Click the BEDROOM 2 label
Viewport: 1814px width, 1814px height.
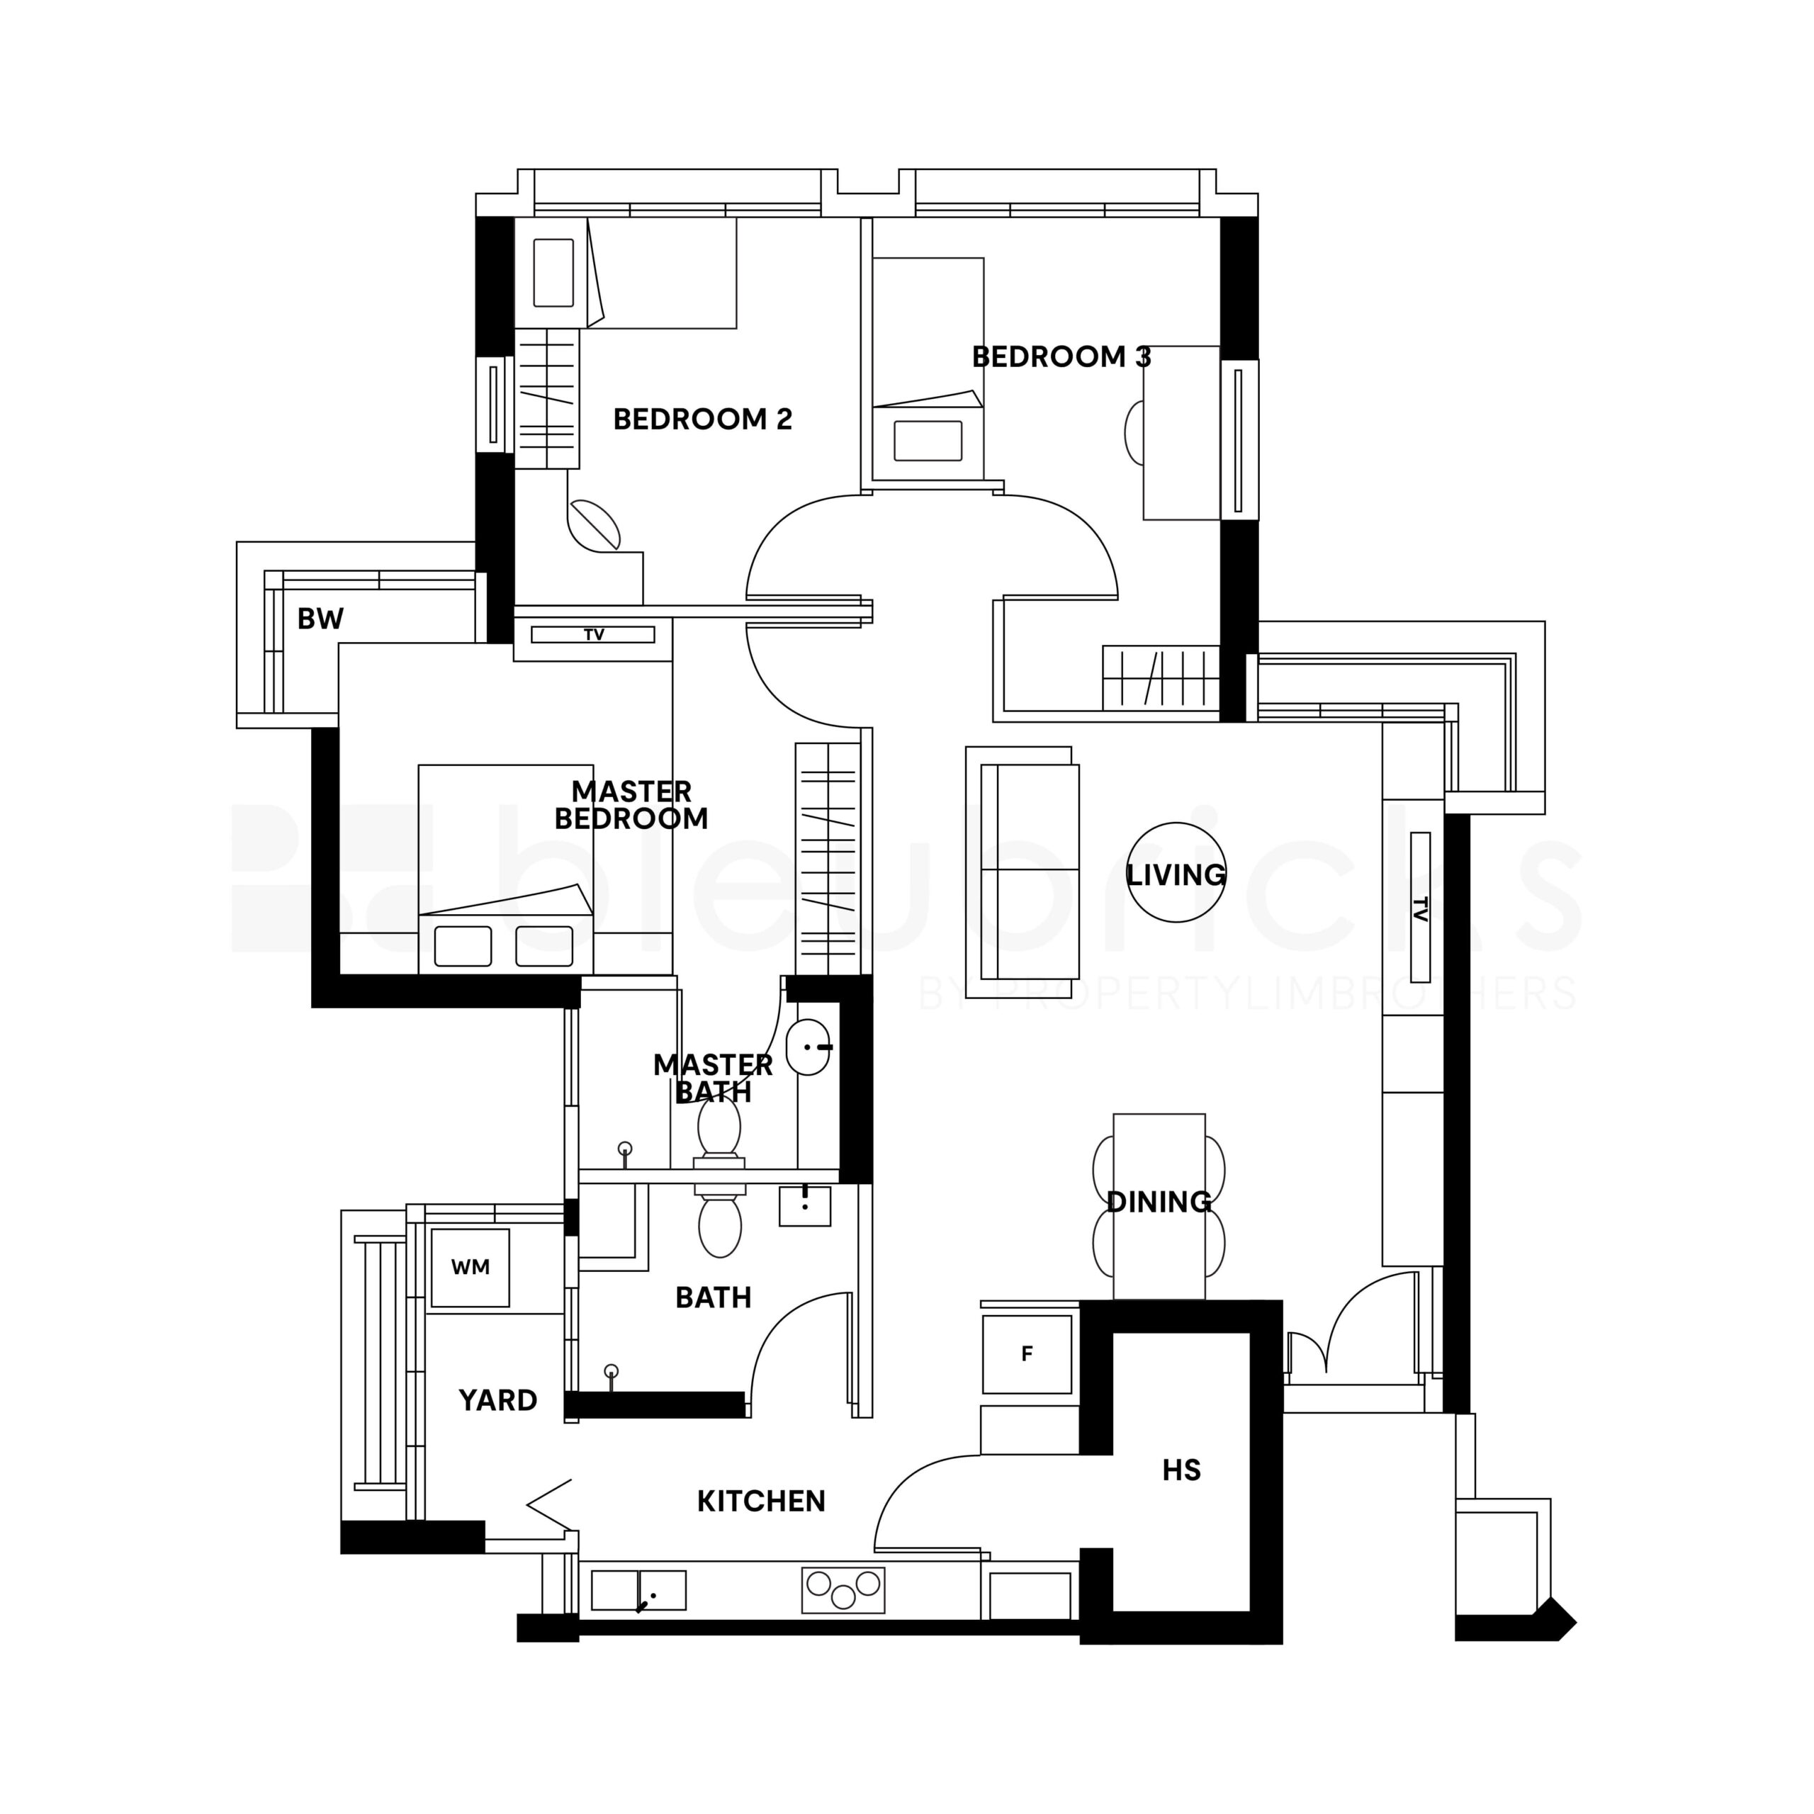[702, 419]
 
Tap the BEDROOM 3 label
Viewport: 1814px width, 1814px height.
[1061, 357]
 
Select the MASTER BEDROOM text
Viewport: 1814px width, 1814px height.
[631, 805]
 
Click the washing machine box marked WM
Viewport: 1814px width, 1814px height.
[470, 1268]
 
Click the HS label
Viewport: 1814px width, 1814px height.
[1181, 1470]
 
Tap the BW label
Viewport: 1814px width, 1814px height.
[320, 619]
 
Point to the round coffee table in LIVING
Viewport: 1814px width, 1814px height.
[1176, 872]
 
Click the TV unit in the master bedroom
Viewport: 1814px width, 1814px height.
[593, 636]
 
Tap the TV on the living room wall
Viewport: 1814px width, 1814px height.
[1419, 907]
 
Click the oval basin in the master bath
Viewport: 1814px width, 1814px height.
[809, 1047]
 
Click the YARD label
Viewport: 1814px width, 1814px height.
[497, 1400]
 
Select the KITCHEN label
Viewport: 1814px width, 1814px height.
[762, 1502]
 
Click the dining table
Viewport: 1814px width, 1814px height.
[1159, 1207]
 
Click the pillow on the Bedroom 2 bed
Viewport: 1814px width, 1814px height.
[553, 272]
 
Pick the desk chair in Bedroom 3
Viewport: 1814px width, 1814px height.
[1134, 433]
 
